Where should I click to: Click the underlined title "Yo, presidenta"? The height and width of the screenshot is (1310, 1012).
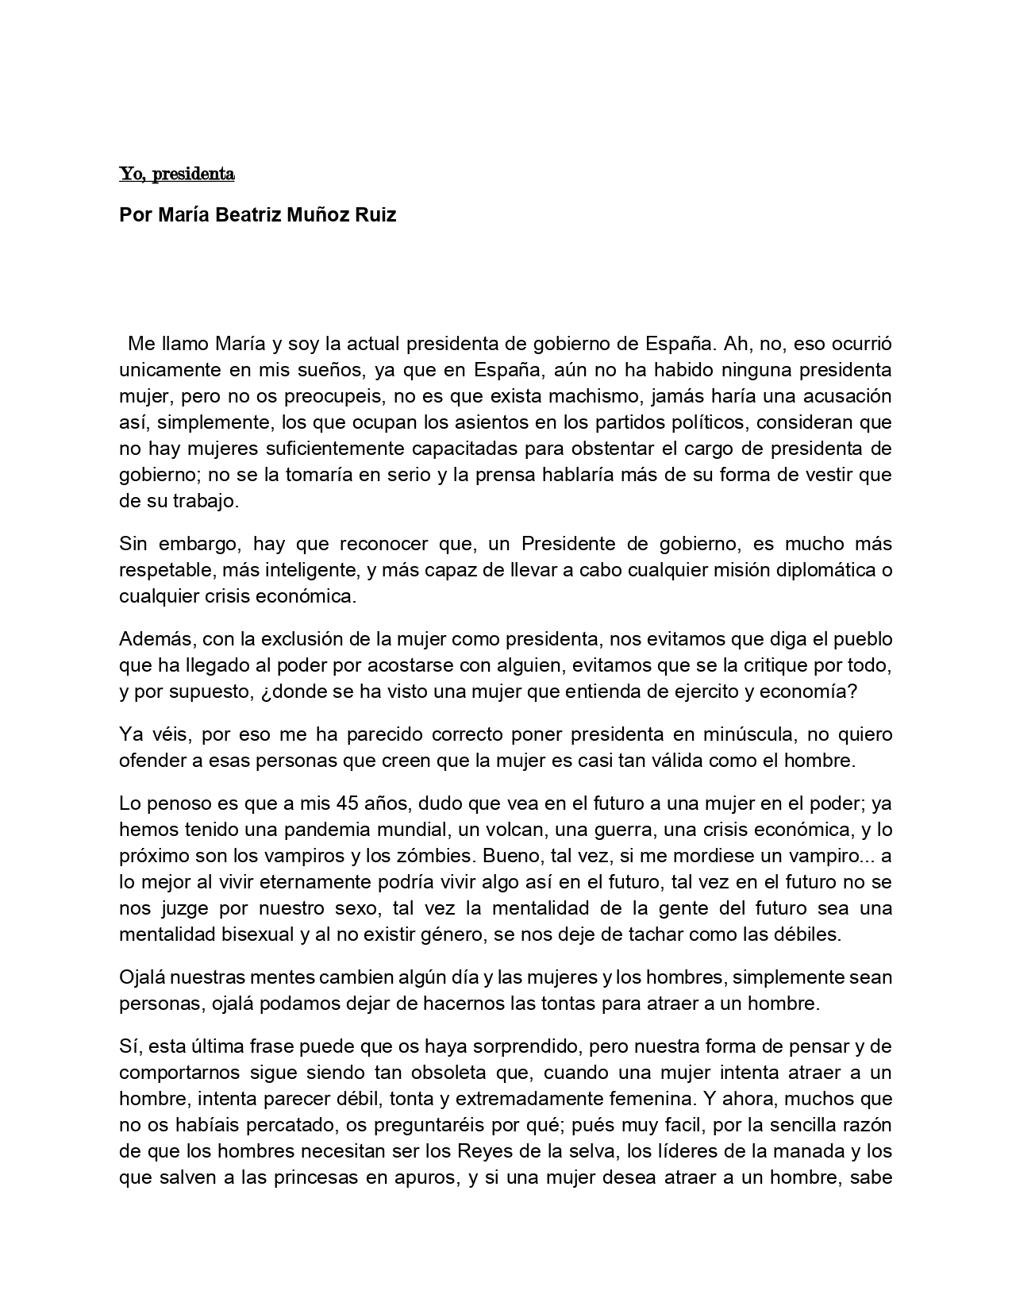(176, 174)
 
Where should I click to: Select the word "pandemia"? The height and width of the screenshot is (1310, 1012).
(312, 830)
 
